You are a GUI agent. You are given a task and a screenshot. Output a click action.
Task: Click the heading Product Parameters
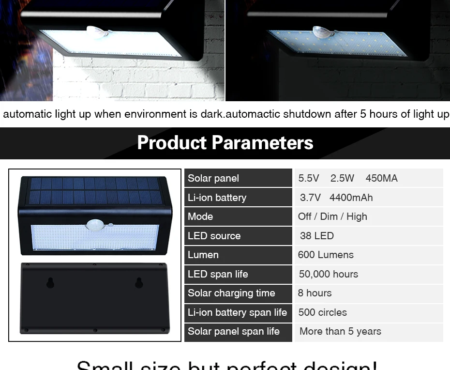(x=225, y=143)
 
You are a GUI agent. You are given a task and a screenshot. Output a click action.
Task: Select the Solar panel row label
(x=213, y=178)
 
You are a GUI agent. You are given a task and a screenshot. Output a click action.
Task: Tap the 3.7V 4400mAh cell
(x=336, y=198)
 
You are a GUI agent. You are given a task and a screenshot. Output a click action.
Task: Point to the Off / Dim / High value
(x=332, y=216)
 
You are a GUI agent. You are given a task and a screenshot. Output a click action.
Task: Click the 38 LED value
(x=317, y=236)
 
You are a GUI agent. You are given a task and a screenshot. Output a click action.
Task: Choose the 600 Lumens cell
(x=326, y=255)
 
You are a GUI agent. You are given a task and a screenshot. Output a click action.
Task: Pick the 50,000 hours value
(x=329, y=274)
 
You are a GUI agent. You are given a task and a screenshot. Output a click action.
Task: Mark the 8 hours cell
(x=315, y=293)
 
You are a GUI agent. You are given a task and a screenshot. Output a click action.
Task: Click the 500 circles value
(x=323, y=312)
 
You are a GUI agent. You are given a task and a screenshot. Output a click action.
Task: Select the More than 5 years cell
(x=340, y=331)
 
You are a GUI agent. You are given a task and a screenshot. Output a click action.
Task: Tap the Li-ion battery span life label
(x=237, y=312)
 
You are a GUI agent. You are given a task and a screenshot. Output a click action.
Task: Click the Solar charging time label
(x=231, y=293)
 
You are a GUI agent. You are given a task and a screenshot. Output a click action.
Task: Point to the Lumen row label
(x=203, y=255)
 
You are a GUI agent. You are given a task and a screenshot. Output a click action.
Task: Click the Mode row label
(x=200, y=216)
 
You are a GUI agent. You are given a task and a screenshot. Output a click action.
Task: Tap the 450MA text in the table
(x=381, y=178)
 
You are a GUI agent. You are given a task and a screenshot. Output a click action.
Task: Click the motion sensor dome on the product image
(x=94, y=225)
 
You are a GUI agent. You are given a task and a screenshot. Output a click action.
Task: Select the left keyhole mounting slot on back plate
(x=50, y=283)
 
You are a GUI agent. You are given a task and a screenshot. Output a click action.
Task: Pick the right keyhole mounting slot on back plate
(x=139, y=283)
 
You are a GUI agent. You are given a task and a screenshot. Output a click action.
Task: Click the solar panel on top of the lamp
(x=95, y=190)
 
